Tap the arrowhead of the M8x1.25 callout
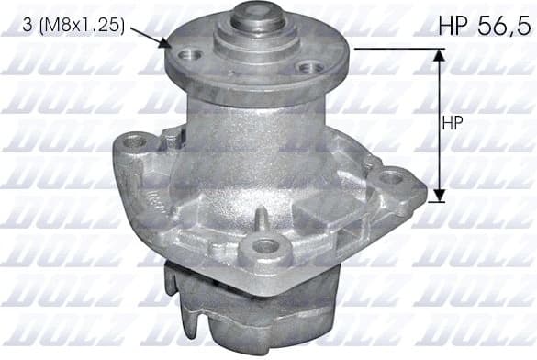tap(165, 43)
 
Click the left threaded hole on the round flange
tap(191, 56)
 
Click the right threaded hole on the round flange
tap(312, 66)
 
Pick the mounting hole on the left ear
tap(140, 142)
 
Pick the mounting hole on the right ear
tap(393, 176)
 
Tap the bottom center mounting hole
tap(265, 245)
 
